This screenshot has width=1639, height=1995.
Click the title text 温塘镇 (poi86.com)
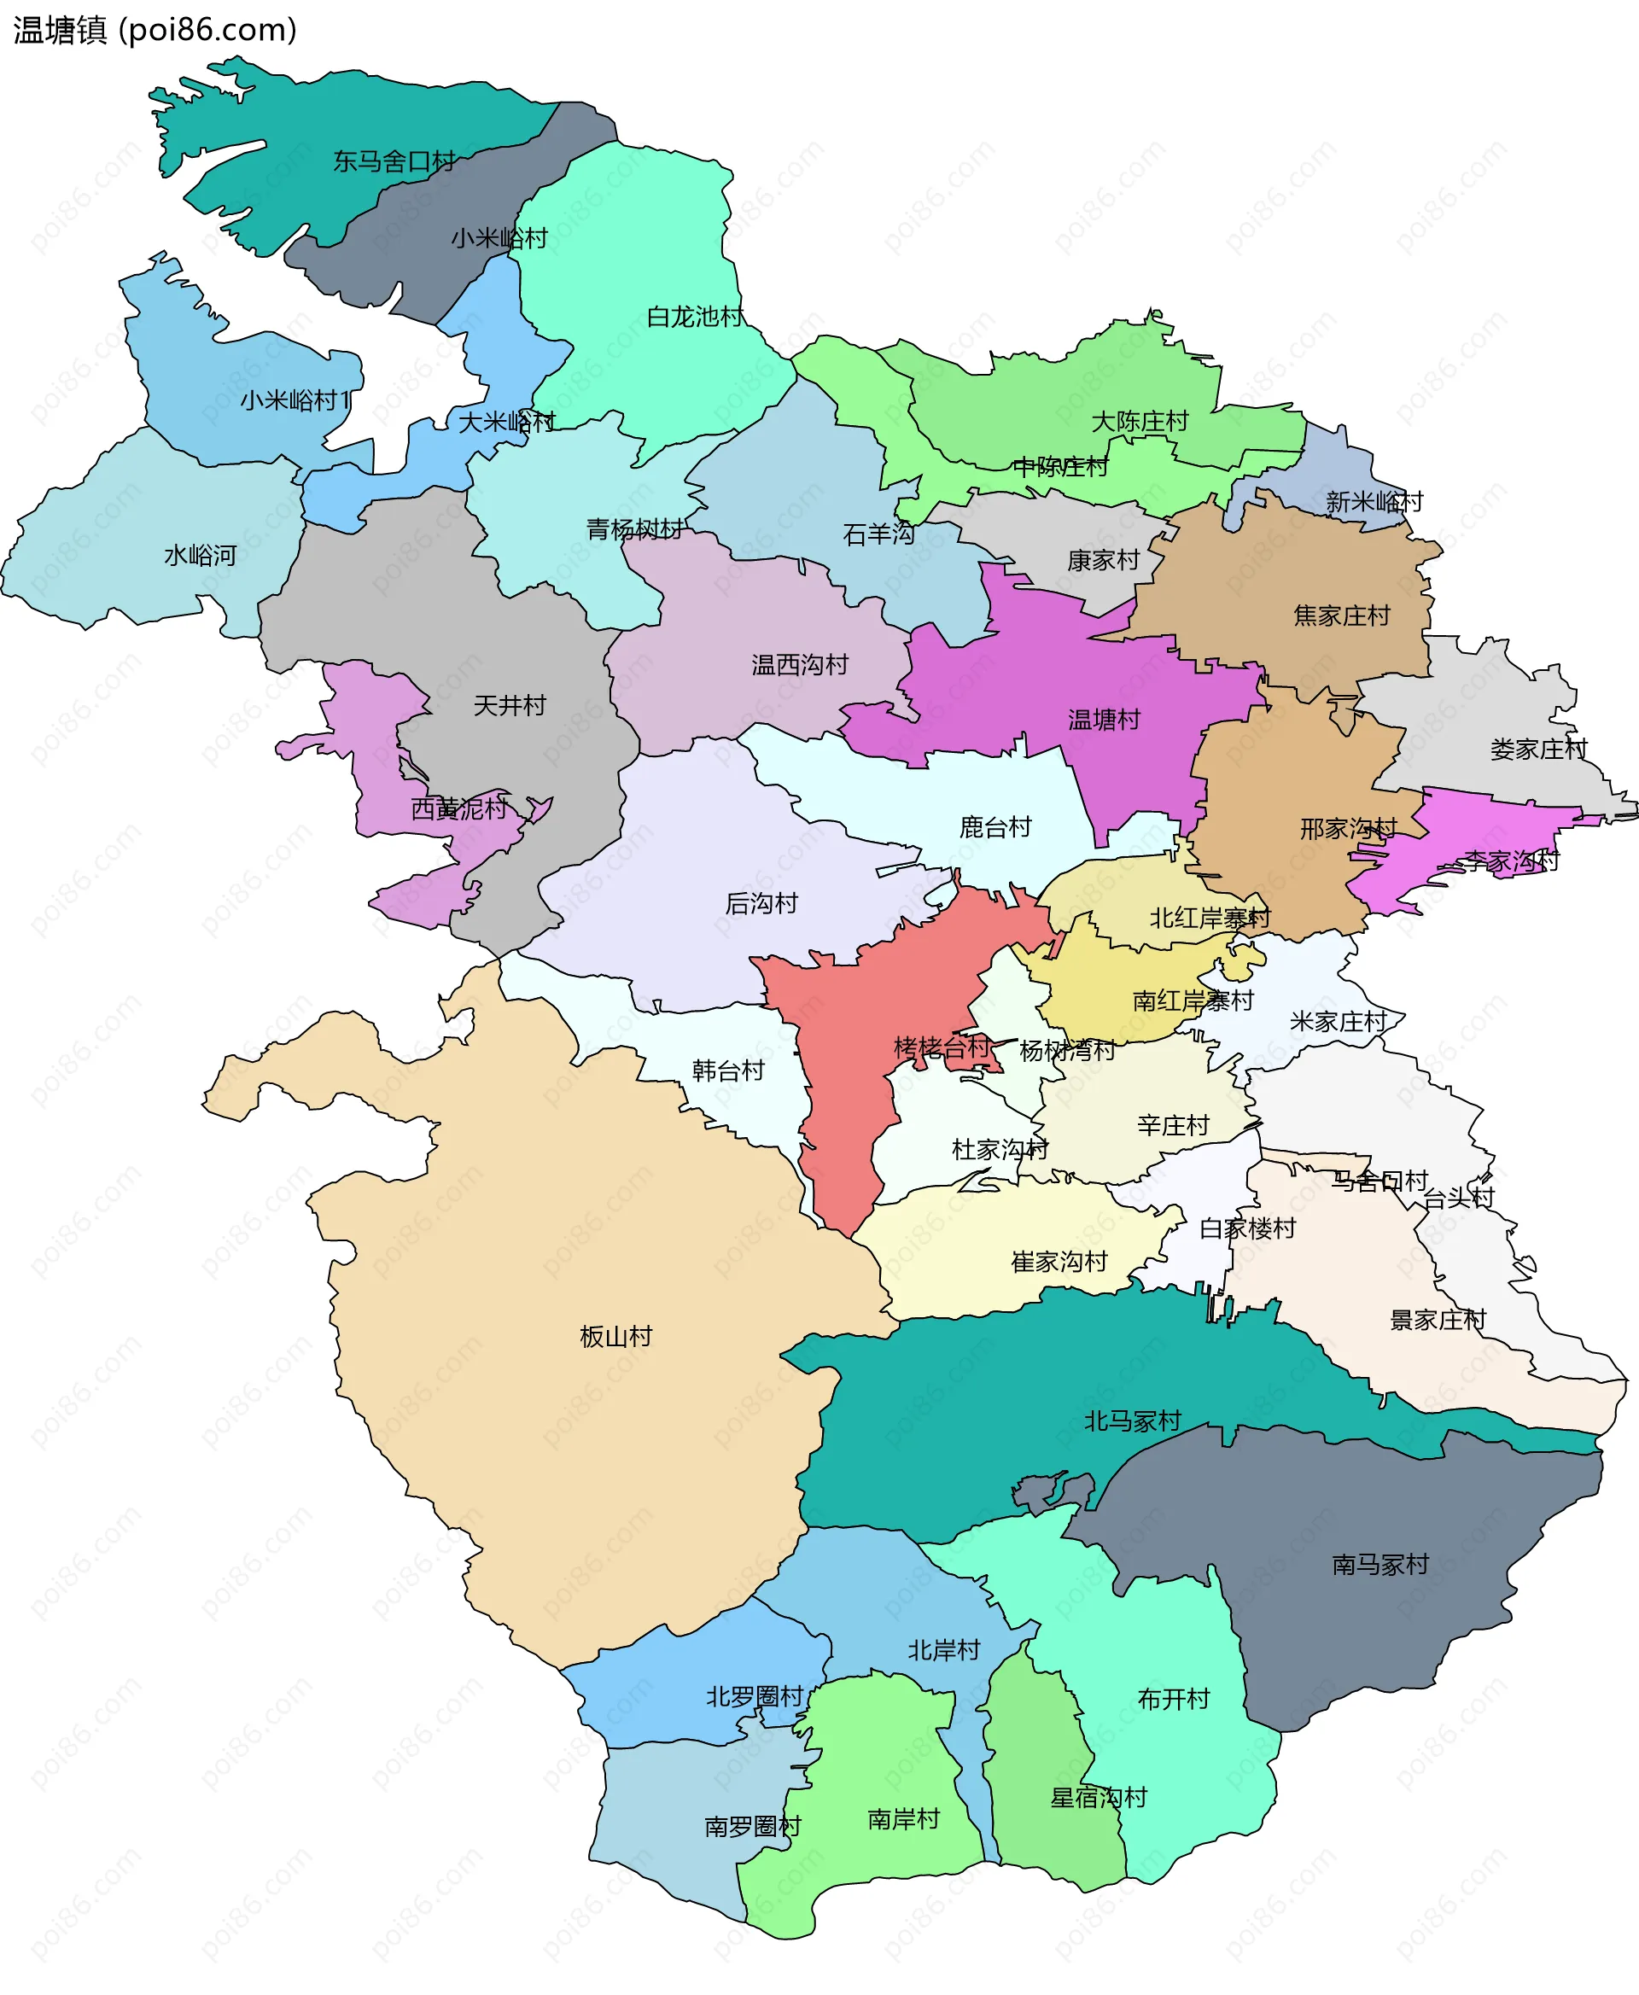[x=155, y=30]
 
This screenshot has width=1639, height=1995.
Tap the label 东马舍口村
[x=394, y=161]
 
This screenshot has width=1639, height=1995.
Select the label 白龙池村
[x=695, y=318]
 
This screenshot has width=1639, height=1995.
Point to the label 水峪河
[x=200, y=555]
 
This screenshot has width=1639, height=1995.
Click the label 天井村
[x=510, y=705]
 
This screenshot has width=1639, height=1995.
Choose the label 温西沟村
[x=800, y=665]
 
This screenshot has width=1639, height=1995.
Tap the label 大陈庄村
[x=1140, y=421]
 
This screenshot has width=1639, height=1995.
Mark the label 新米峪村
[x=1374, y=501]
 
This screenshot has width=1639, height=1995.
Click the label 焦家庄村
[x=1342, y=615]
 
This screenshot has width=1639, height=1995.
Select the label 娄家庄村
[x=1539, y=749]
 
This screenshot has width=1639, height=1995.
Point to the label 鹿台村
[x=995, y=827]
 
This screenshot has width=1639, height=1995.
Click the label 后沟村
[x=761, y=903]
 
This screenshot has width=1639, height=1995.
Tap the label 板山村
[x=615, y=1336]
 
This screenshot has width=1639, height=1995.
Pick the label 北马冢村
[x=1132, y=1421]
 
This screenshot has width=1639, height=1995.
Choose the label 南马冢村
[x=1380, y=1565]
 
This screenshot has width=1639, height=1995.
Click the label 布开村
[x=1174, y=1700]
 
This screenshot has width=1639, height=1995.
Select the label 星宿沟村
[x=1099, y=1798]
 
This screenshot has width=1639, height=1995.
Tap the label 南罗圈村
[x=752, y=1827]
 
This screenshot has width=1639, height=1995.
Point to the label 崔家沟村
[x=1059, y=1263]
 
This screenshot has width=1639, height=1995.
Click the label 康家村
[x=1103, y=561]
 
